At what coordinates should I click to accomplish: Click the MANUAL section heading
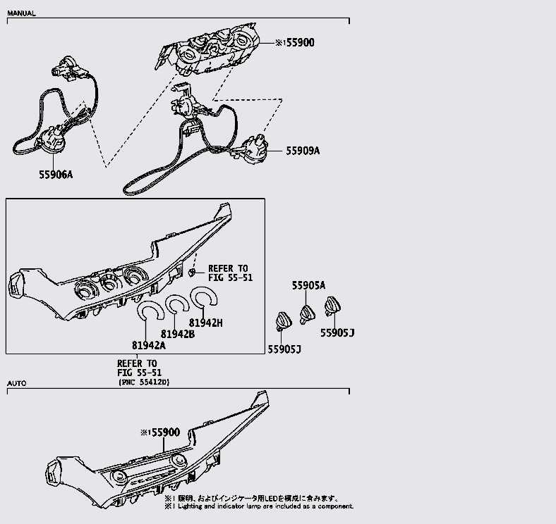coord(21,13)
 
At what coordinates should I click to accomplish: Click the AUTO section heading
coord(16,384)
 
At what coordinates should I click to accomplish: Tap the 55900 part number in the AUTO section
coord(163,432)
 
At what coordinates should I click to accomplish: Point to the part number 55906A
coord(55,174)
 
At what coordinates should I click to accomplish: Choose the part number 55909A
coord(303,151)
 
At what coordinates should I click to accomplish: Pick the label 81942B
coord(177,334)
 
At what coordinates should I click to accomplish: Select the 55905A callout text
coord(308,285)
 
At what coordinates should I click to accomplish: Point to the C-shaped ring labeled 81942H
coord(206,299)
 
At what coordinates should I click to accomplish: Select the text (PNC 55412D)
coord(144,382)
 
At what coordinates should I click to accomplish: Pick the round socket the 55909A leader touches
coord(254,149)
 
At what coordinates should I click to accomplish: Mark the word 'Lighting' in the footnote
coord(191,506)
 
